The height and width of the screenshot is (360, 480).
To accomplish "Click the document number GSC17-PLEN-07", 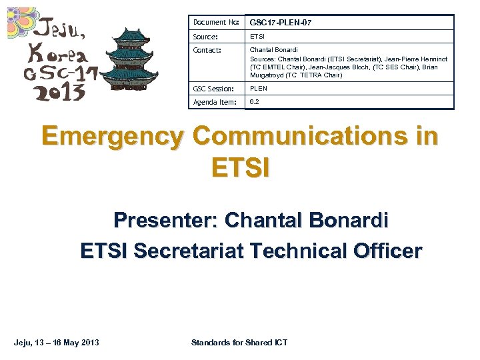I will (280, 23).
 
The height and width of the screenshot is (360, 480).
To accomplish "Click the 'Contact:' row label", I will (207, 50).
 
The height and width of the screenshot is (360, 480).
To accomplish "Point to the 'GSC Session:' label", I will (213, 89).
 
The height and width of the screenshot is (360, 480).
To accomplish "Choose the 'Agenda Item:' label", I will (215, 102).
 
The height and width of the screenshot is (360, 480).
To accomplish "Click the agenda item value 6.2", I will (253, 102).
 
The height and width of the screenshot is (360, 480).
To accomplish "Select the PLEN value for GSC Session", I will (258, 89).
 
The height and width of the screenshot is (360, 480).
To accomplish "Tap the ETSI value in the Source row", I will (257, 37).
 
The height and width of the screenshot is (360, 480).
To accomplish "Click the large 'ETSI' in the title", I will (240, 166).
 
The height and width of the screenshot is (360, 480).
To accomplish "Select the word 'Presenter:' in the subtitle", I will (166, 219).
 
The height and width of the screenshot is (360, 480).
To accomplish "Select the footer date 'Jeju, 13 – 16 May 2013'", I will (57, 343).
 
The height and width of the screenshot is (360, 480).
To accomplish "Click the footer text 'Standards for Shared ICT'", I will (239, 343).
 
